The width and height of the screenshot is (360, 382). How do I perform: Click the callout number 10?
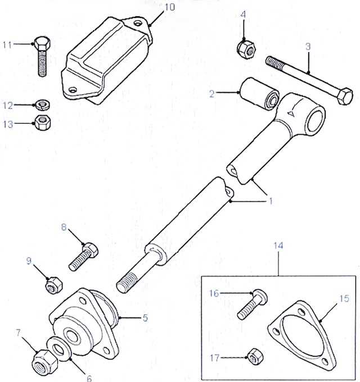169,7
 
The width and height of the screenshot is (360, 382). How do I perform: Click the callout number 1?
269,200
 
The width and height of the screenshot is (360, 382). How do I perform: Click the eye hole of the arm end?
314,119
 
